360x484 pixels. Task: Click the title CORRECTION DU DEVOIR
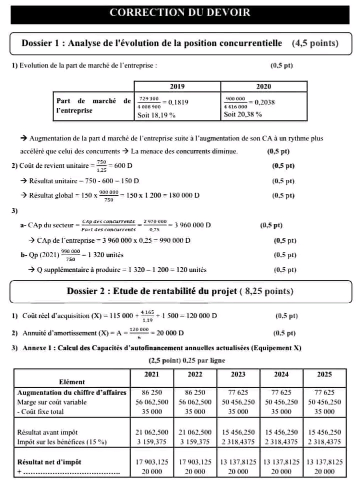click(x=180, y=12)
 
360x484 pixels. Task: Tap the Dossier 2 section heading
click(x=180, y=291)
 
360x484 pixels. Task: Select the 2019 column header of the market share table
click(x=177, y=86)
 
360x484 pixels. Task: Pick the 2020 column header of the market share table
click(x=263, y=86)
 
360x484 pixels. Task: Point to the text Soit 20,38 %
click(x=242, y=114)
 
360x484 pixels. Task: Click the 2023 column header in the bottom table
click(x=238, y=374)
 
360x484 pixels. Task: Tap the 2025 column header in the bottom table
click(x=324, y=374)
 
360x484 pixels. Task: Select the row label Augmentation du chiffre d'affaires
click(x=71, y=393)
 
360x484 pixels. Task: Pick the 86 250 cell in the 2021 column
click(x=152, y=393)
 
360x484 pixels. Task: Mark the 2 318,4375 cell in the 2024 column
click(x=281, y=442)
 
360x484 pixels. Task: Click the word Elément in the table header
click(x=72, y=382)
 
